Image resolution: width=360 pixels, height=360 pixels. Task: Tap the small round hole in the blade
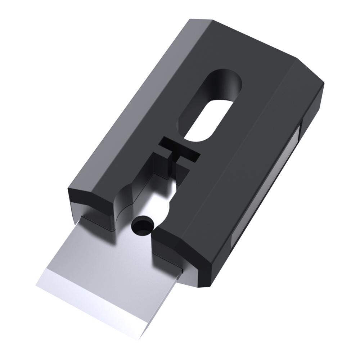pyautogui.click(x=142, y=226)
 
